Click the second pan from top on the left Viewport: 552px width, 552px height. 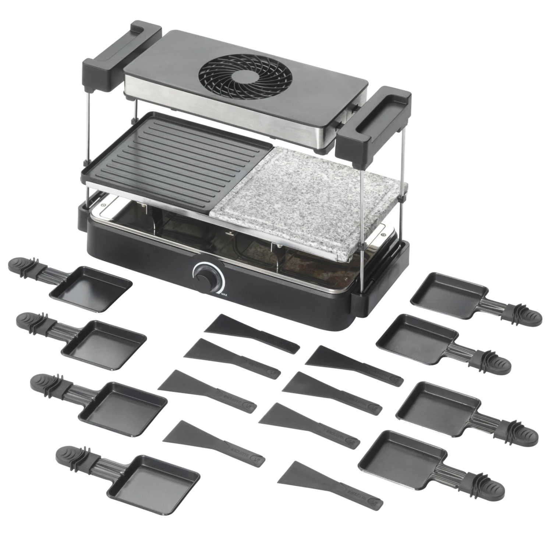point(103,344)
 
